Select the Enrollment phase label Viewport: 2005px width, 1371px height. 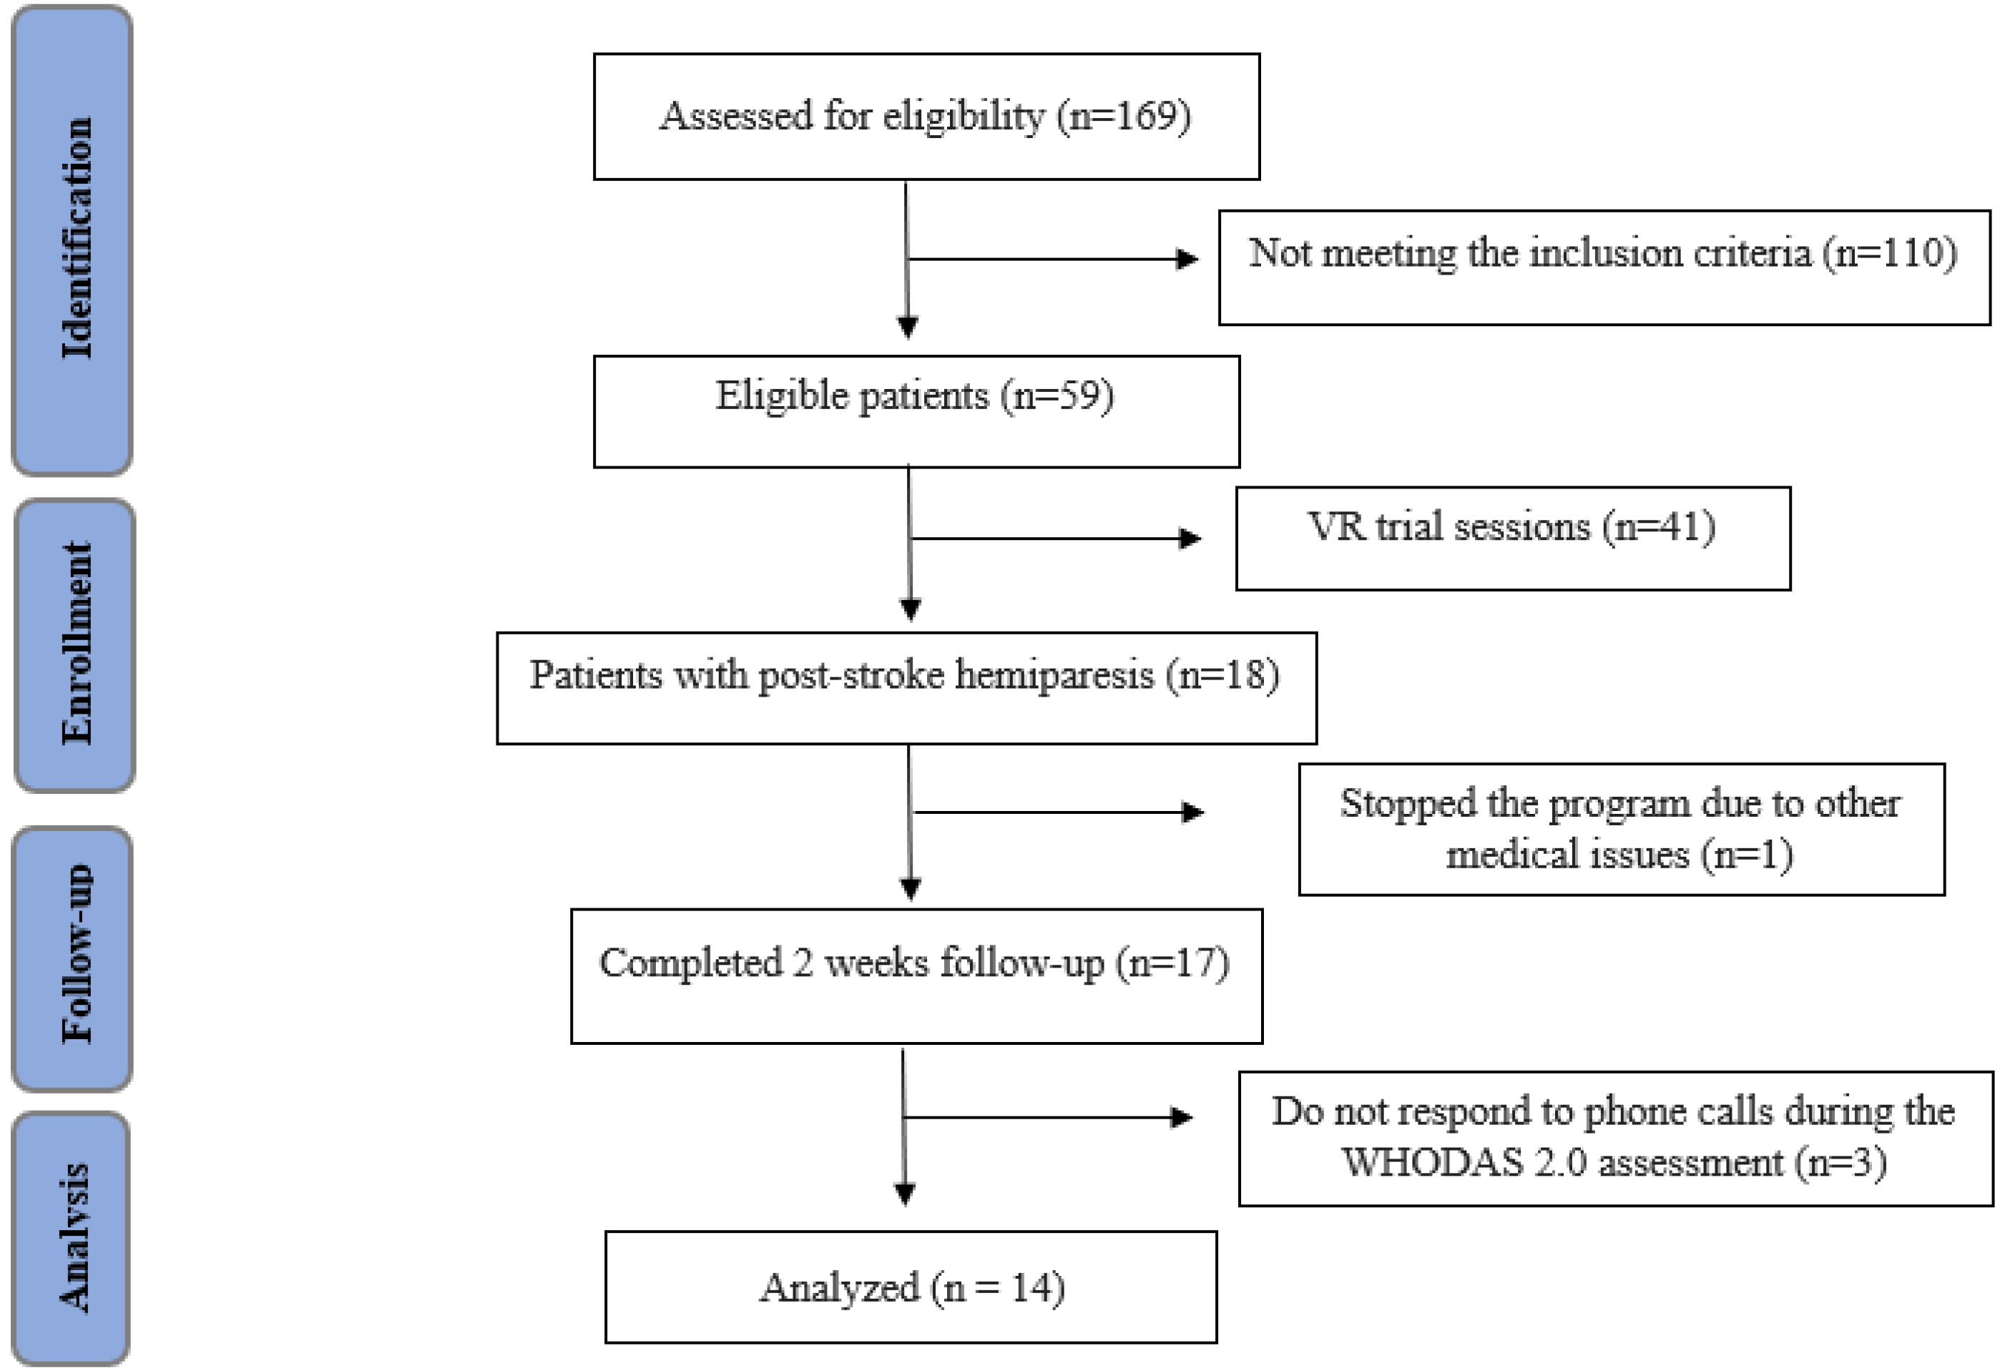[76, 644]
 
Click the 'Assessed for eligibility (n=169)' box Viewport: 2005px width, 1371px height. [926, 117]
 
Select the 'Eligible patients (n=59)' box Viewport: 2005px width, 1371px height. [916, 411]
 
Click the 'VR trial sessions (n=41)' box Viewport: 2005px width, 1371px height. [1511, 539]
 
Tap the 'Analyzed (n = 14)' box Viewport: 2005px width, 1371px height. [910, 1287]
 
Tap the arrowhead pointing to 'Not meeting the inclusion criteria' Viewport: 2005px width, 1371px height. [1188, 259]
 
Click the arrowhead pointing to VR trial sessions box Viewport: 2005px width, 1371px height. [1190, 539]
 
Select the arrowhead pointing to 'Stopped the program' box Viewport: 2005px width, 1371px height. [1193, 812]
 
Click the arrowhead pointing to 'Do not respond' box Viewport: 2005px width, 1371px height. [1182, 1117]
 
